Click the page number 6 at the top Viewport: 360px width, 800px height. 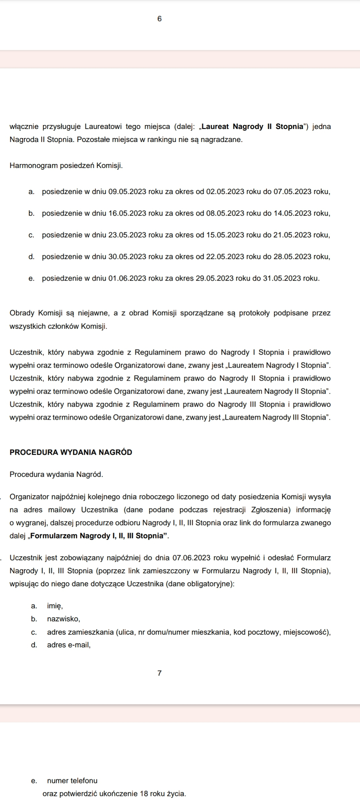159,19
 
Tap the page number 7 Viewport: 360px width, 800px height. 159,673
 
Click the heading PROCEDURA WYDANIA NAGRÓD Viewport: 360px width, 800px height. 71,452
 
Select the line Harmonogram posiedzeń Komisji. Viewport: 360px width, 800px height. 66,165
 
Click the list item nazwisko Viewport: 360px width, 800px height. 63,619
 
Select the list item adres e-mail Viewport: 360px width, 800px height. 69,645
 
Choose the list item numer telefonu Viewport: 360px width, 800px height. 72,780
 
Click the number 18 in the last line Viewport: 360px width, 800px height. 144,794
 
